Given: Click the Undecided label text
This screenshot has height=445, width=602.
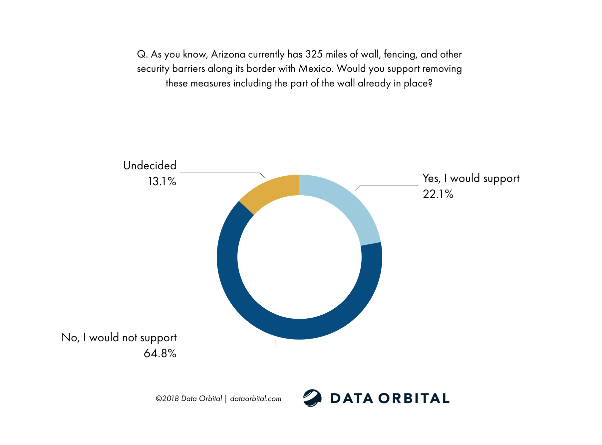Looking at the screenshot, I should click(x=150, y=166).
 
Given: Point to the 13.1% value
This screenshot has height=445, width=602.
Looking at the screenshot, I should click(x=162, y=182).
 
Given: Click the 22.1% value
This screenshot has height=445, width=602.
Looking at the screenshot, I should click(x=438, y=194).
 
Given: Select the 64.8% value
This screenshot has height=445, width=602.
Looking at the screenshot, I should click(x=160, y=353).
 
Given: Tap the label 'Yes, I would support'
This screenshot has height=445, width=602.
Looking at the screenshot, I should click(x=471, y=179).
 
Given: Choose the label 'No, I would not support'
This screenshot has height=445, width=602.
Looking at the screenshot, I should click(x=119, y=338).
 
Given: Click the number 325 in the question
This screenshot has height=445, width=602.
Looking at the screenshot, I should click(x=314, y=54).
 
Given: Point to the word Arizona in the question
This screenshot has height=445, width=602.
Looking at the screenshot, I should click(x=228, y=54).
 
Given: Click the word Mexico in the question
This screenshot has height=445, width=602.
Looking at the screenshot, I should click(x=316, y=69).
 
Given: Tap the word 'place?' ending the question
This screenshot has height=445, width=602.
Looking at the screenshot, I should click(x=418, y=83).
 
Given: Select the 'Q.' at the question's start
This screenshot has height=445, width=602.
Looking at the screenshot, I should click(x=142, y=54).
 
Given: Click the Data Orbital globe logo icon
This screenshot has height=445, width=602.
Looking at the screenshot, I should click(x=312, y=398).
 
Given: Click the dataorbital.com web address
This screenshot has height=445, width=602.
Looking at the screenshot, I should click(x=256, y=399).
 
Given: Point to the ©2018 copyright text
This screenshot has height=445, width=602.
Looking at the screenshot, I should click(x=167, y=399).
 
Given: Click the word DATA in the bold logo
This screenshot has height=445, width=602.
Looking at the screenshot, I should click(x=352, y=398).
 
